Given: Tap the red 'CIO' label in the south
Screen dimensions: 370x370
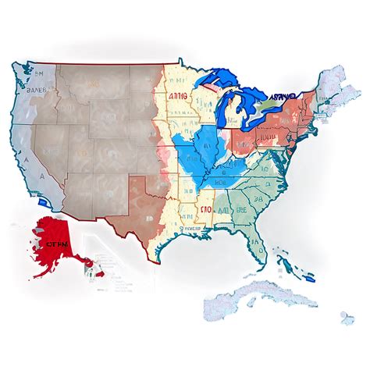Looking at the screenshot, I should pyautogui.click(x=205, y=208).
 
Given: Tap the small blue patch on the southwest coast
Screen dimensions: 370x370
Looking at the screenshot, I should pyautogui.click(x=49, y=205).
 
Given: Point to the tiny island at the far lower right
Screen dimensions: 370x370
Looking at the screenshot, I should pyautogui.click(x=343, y=315).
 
